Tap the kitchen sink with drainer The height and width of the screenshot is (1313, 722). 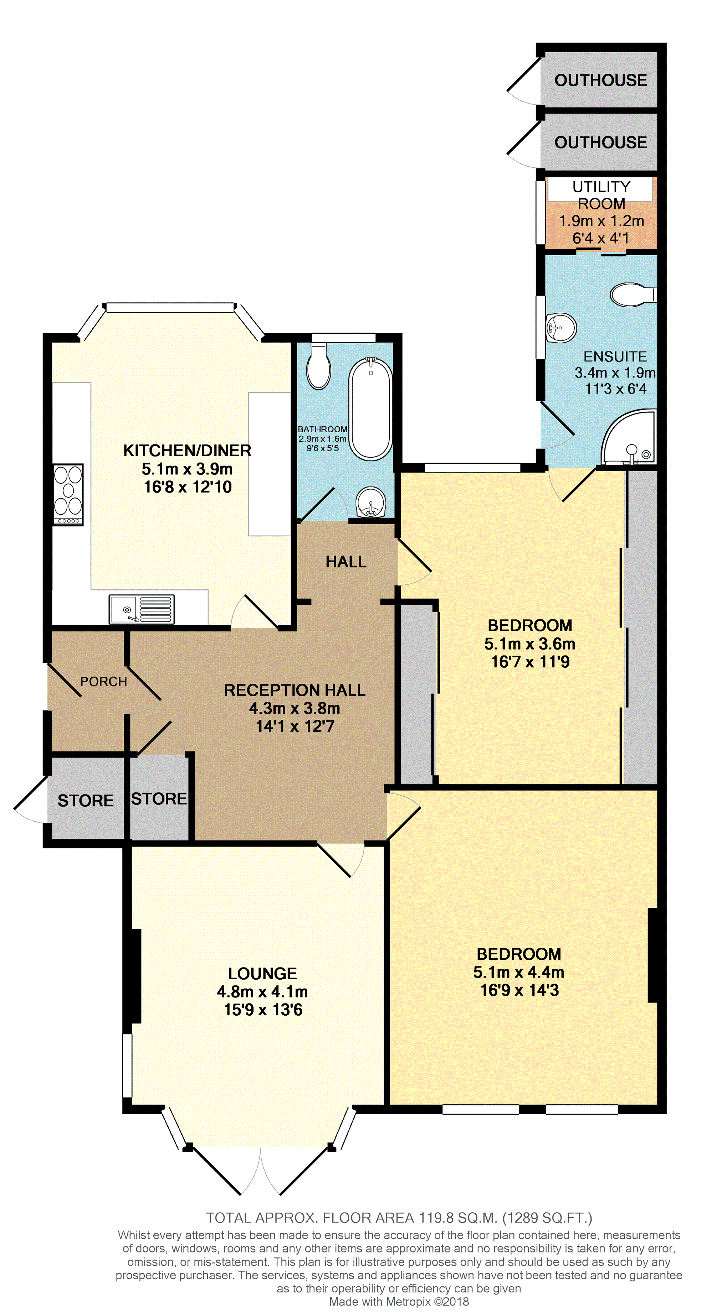(x=141, y=609)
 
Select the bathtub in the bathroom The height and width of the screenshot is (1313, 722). (x=371, y=409)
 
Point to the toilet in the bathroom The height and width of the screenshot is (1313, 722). (x=318, y=365)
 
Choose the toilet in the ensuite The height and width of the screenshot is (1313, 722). (x=633, y=295)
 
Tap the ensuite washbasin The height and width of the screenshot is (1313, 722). (x=561, y=328)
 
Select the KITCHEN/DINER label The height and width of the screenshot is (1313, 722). (x=187, y=450)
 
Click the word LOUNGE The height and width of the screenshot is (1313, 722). (x=262, y=974)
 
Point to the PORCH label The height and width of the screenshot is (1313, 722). (x=104, y=682)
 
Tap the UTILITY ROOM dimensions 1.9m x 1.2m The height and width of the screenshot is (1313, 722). (x=601, y=221)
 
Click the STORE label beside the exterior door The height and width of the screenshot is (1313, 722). (x=86, y=801)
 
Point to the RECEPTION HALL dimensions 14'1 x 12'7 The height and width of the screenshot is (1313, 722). (x=295, y=726)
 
